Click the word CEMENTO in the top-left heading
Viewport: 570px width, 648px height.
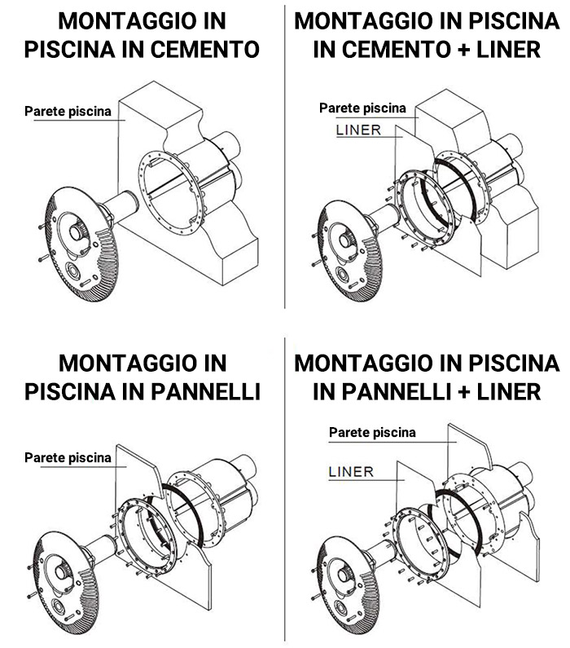click(204, 49)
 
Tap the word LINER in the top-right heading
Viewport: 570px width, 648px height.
click(508, 49)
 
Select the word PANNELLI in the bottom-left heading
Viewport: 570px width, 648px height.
click(205, 391)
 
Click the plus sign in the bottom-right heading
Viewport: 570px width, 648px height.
click(463, 392)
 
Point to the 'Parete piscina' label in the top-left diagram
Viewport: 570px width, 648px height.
click(68, 111)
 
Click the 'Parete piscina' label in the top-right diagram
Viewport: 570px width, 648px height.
click(362, 108)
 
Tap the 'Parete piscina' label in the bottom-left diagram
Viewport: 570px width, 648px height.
click(68, 457)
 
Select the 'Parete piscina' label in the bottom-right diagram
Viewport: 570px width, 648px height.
click(372, 432)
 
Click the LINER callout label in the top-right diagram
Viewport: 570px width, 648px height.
click(358, 130)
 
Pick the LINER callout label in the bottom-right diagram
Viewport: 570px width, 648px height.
click(351, 472)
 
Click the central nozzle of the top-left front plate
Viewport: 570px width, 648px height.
click(76, 232)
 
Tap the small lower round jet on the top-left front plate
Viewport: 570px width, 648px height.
click(73, 271)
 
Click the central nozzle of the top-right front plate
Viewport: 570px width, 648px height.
click(345, 240)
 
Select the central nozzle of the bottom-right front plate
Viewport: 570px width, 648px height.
click(344, 575)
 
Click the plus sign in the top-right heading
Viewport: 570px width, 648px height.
click(463, 50)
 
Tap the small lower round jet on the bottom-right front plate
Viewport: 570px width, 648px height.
click(340, 608)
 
